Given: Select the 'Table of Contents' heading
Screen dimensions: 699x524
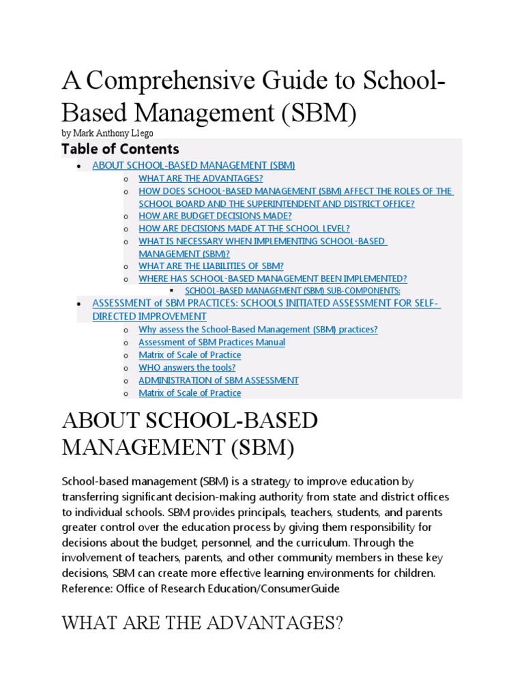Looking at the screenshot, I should point(120,149).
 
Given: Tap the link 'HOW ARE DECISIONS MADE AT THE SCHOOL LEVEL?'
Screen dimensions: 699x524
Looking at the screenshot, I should point(244,229).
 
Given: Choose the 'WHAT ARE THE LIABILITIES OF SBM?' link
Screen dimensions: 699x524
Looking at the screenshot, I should point(211,266).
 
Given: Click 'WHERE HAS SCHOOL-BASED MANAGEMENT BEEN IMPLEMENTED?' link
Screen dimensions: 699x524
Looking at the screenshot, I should point(272,279).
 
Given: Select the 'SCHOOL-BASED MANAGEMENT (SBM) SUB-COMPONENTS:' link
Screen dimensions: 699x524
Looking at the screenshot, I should point(293,291).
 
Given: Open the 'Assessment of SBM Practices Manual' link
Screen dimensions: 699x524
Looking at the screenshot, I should point(212,342).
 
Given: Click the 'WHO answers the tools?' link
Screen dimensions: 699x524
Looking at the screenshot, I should point(187,367).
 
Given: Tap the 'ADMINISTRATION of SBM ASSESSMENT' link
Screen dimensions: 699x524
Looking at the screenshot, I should point(218,380).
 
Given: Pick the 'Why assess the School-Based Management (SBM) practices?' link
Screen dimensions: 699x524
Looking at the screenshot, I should point(258,330).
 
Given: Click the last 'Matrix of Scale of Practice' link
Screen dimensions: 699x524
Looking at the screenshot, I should point(190,393).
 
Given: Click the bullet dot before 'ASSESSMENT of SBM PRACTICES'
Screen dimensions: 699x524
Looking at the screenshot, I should point(80,303).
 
